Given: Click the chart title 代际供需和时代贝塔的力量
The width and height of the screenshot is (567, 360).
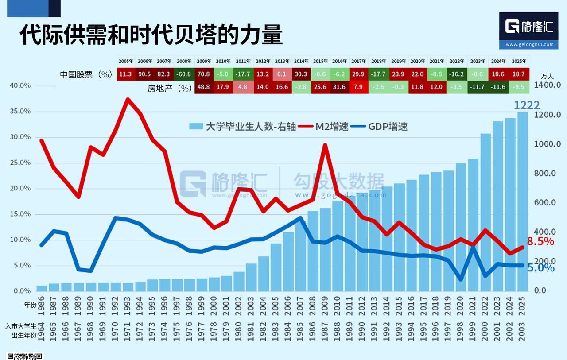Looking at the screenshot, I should pos(151,35).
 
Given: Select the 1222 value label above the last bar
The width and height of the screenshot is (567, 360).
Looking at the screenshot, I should pos(527,105).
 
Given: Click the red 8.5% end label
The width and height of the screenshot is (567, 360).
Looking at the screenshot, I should pos(540,241).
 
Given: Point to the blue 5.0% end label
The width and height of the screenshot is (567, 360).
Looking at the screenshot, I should pos(540,267).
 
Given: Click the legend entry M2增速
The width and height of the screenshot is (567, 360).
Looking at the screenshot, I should pos(331,127).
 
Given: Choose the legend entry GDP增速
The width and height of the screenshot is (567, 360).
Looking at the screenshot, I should pos(387,127).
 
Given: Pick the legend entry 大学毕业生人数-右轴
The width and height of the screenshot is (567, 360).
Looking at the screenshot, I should pos(250,127).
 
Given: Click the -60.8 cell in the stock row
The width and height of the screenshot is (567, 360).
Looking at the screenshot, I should pos(184,74).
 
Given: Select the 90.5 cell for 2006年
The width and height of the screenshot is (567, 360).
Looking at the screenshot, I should pos(145,74).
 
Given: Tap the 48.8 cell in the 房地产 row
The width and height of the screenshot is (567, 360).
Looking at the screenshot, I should pos(203,87).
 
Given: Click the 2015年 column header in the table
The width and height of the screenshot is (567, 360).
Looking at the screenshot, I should pos(320,61).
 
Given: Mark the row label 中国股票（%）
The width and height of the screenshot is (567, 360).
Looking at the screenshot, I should pos(86,74).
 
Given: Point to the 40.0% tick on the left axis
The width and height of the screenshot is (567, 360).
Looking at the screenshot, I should pos(19,85).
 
